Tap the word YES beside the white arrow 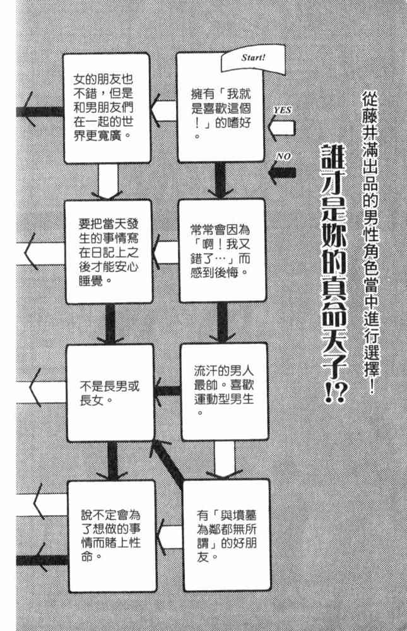pyautogui.click(x=282, y=110)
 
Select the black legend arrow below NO pyautogui.click(x=281, y=172)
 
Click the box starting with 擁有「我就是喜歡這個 pyautogui.click(x=220, y=107)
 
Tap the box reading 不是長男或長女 pyautogui.click(x=110, y=391)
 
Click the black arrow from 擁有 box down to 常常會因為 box pyautogui.click(x=220, y=180)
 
